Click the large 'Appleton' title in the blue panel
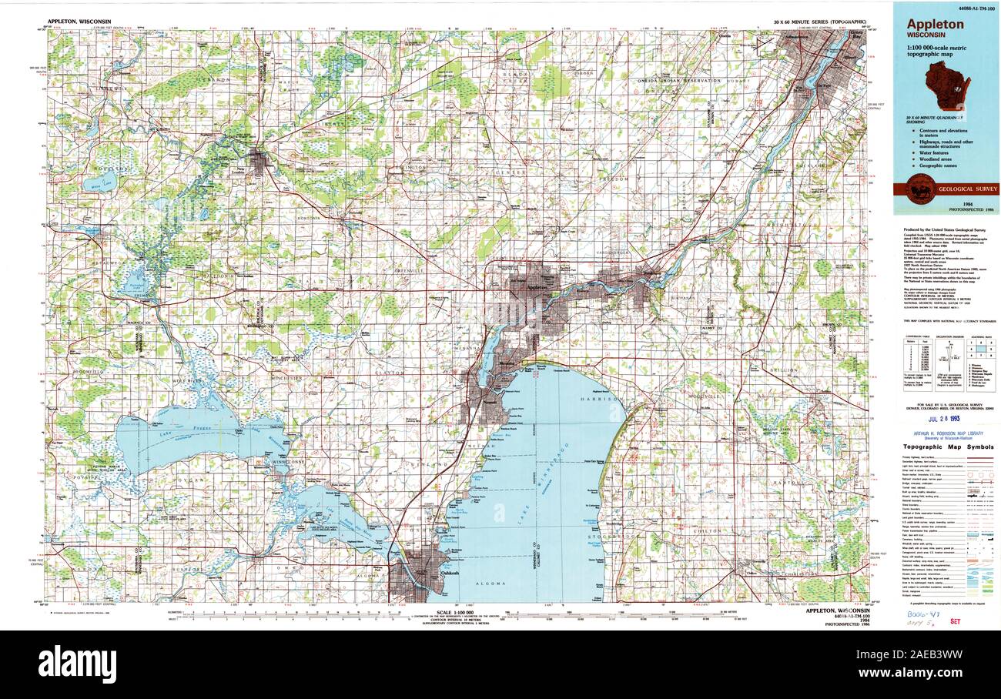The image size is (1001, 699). (x=934, y=24)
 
